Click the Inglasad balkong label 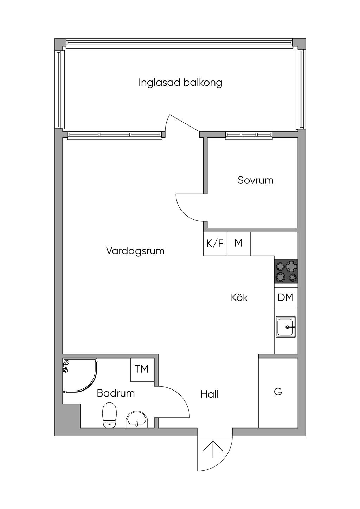tap(180, 83)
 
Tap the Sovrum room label tap(255, 180)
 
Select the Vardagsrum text tap(135, 251)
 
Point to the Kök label tap(239, 297)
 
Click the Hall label tap(210, 394)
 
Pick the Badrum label tap(116, 393)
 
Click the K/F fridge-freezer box tap(215, 243)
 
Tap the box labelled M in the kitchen tap(239, 243)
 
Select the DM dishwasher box tap(285, 297)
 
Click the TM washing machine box tap(142, 369)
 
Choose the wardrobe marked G tap(278, 392)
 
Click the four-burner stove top tap(286, 271)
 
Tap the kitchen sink tap(286, 327)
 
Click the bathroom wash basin tap(137, 419)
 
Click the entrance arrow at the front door tap(213, 449)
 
